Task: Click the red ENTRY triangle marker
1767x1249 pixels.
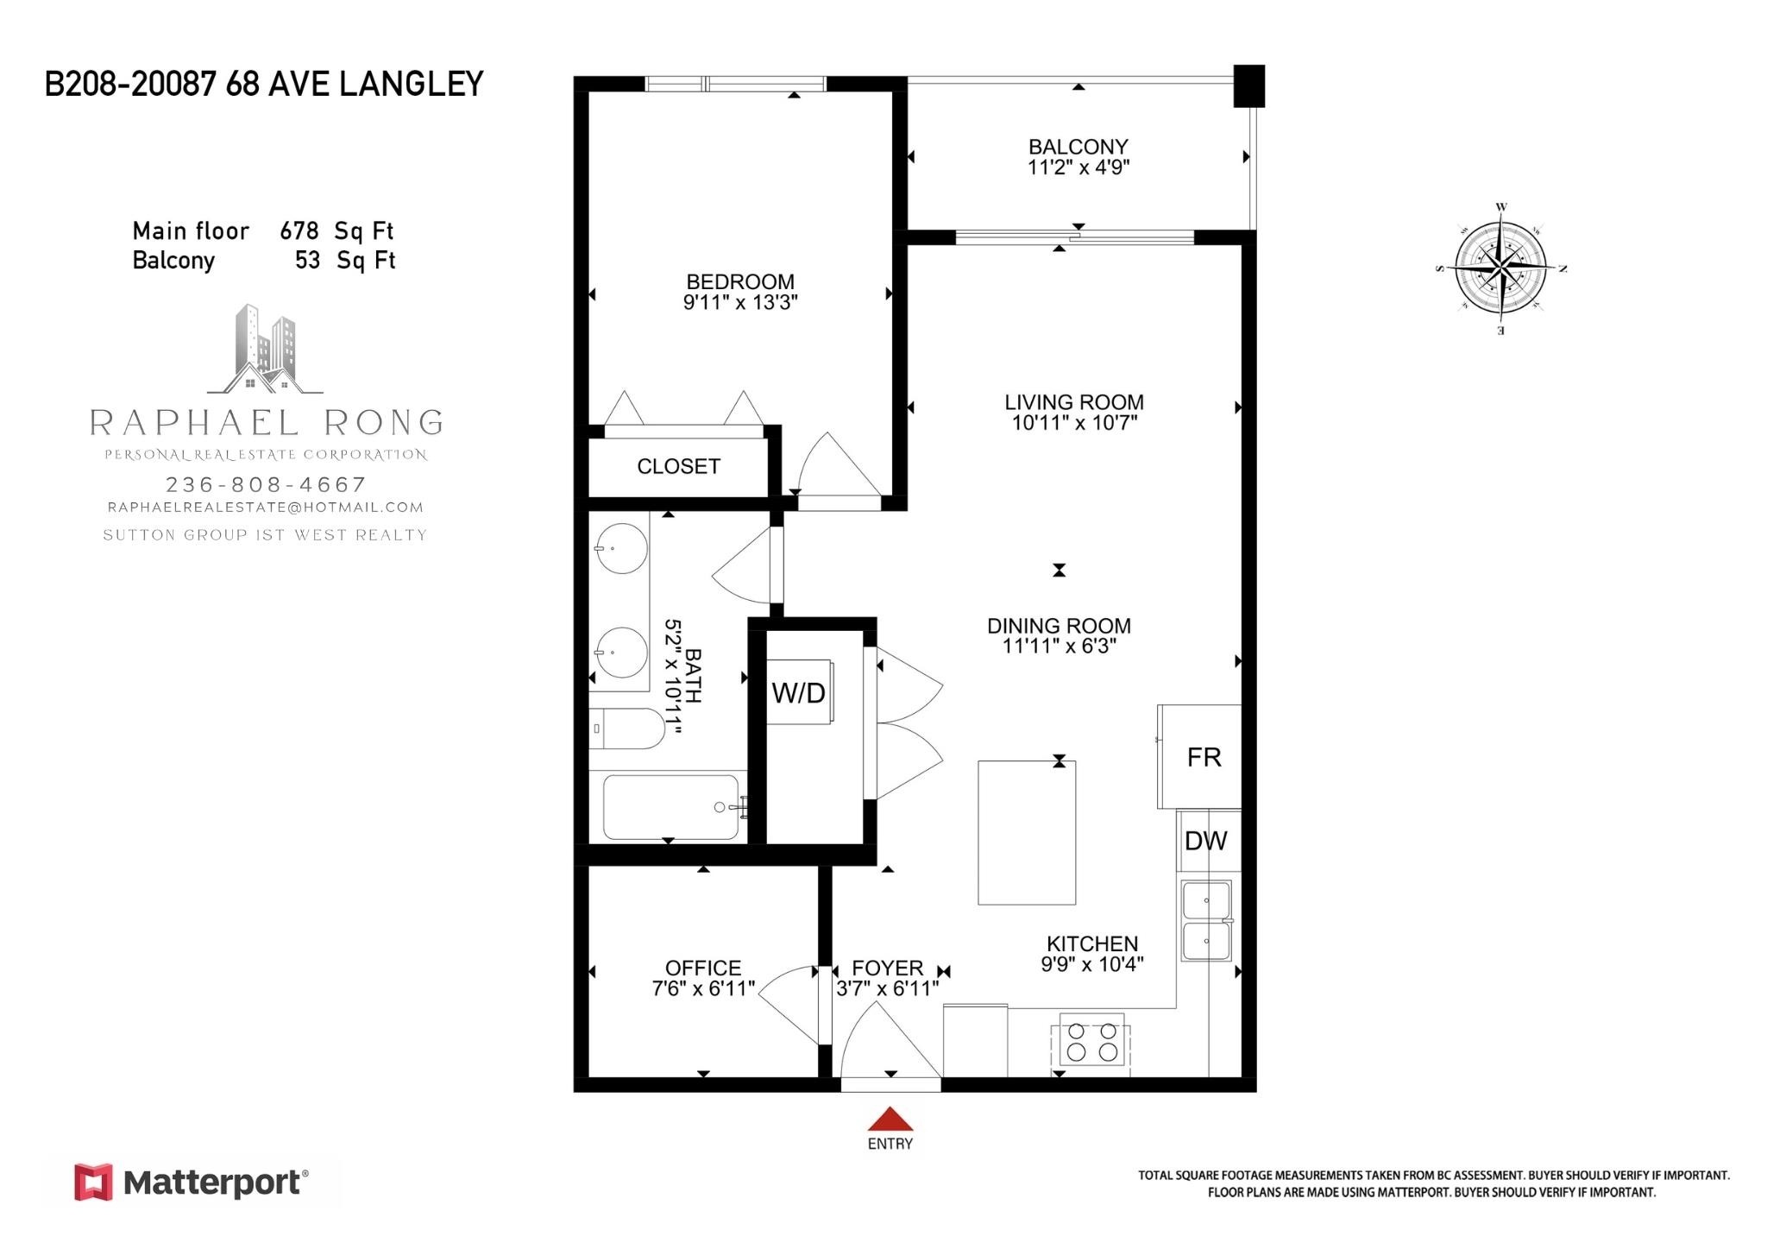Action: (x=890, y=1120)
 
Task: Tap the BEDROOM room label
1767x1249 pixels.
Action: (x=739, y=281)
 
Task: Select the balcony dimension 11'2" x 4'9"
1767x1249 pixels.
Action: (x=1078, y=167)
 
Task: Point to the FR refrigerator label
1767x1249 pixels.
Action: (x=1204, y=757)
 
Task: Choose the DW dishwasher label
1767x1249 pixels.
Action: (x=1205, y=841)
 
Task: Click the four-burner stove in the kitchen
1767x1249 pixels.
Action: (x=1092, y=1042)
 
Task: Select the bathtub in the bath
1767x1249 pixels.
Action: (x=671, y=807)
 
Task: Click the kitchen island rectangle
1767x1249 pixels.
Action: (x=1027, y=832)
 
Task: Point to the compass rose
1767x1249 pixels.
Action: (x=1501, y=268)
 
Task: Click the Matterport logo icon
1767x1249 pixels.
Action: (x=93, y=1182)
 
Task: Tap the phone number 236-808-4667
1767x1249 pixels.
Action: (x=266, y=484)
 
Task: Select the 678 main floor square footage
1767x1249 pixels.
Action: (x=299, y=231)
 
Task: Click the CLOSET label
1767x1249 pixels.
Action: (x=678, y=466)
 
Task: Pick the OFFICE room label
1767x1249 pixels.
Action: (x=702, y=968)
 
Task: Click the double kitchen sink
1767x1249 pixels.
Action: (x=1206, y=920)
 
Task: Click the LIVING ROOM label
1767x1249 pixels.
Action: (x=1073, y=402)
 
